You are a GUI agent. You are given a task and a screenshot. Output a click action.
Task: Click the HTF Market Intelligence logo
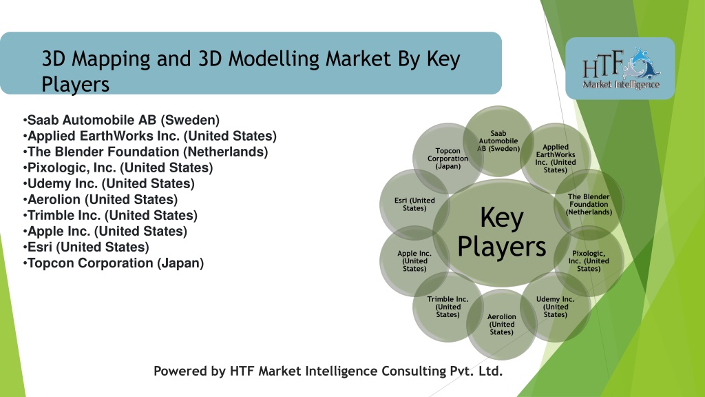point(620,68)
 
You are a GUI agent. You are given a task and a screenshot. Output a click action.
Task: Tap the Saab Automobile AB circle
point(498,141)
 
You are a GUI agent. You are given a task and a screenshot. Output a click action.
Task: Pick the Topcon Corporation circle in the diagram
point(448,158)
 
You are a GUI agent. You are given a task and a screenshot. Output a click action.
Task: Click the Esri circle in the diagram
point(414,204)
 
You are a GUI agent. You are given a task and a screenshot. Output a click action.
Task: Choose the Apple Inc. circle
point(414,261)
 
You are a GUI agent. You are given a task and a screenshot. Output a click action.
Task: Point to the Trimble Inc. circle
point(448,307)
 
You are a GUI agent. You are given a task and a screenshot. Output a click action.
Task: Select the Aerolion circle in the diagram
point(501,324)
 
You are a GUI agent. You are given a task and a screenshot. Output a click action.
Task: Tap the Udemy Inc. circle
point(556,307)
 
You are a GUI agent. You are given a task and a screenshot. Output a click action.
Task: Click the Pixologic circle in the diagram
point(589,261)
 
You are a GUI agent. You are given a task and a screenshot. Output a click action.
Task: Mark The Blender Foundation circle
point(589,204)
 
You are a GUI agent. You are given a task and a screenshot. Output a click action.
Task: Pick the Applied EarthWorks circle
point(556,158)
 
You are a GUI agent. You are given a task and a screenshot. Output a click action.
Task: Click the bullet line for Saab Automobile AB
point(121,120)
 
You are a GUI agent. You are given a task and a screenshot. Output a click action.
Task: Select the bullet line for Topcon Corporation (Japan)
point(114,263)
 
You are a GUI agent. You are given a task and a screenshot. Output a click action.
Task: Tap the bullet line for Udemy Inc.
point(109,183)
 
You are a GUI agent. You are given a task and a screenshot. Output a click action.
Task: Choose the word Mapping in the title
point(111,59)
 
